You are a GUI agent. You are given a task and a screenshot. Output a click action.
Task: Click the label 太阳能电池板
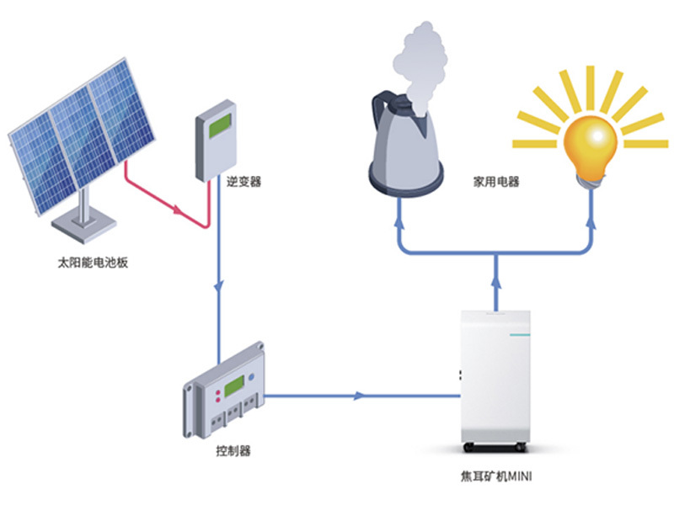[93, 264]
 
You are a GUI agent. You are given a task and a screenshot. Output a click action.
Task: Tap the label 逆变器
[244, 180]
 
